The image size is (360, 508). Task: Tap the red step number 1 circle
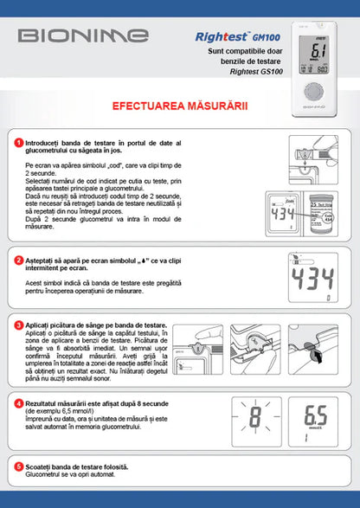(x=18, y=142)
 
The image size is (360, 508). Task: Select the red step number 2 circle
(x=18, y=260)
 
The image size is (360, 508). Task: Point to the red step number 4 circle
(x=18, y=403)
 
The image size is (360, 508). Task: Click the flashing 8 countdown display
(x=255, y=416)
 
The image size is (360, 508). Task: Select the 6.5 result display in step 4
(x=316, y=416)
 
